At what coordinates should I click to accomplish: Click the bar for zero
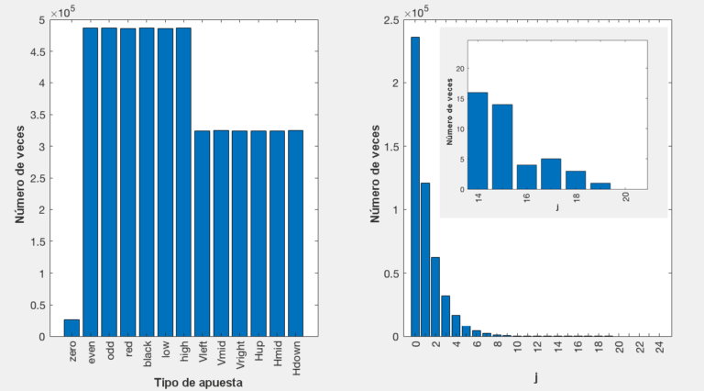pyautogui.click(x=71, y=328)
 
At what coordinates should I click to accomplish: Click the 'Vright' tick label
pyautogui.click(x=240, y=354)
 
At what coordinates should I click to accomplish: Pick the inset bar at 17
pyautogui.click(x=551, y=173)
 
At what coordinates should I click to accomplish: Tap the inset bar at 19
pyautogui.click(x=600, y=185)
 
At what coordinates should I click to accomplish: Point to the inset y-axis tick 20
pyautogui.click(x=460, y=69)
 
